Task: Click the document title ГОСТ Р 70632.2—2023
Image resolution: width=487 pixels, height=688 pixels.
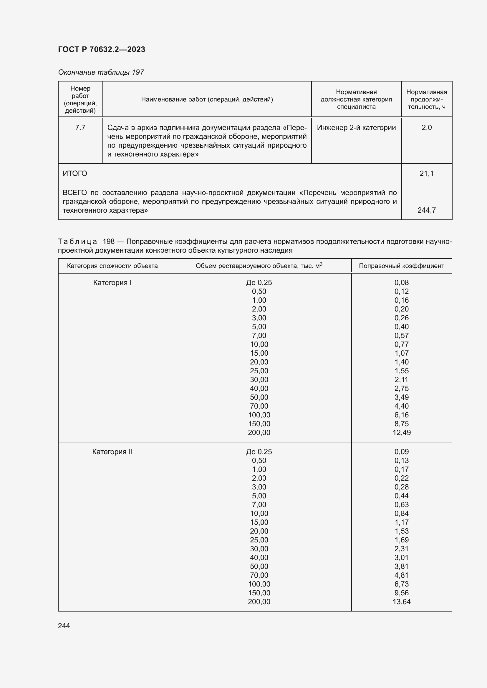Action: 101,49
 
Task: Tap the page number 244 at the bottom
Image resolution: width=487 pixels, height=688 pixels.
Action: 64,626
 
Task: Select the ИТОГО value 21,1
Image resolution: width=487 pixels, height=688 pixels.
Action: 426,174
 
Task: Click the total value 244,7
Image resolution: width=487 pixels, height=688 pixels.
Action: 426,210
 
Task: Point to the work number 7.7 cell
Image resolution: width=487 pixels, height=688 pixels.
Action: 80,128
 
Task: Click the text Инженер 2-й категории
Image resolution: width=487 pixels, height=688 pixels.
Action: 356,128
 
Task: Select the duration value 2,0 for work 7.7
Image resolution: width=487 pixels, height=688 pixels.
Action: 426,128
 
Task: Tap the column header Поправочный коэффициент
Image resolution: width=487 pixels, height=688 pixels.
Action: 401,266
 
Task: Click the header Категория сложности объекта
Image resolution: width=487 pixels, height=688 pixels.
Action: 112,266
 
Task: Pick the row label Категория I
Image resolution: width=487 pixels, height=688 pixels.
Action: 112,283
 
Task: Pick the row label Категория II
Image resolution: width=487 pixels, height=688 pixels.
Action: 112,452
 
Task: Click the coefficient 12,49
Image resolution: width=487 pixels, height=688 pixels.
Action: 401,432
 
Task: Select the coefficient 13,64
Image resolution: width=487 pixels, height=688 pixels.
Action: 401,602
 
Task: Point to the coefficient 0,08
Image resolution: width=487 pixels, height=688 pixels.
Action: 401,283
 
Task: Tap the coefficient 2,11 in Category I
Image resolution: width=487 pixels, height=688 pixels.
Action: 401,380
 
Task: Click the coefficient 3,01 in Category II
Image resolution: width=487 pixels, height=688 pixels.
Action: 401,557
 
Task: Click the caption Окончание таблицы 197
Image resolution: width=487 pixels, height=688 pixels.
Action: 101,72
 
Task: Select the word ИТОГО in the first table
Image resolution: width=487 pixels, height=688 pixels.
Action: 75,174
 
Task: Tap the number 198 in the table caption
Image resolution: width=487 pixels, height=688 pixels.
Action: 109,241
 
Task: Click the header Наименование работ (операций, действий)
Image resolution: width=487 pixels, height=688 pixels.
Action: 207,99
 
